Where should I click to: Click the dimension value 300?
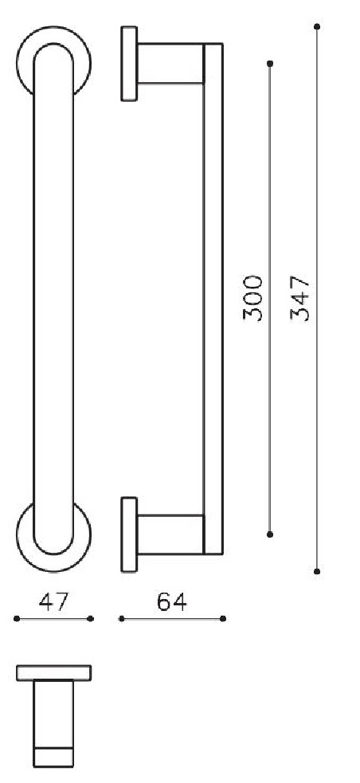click(253, 298)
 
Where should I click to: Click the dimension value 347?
click(300, 298)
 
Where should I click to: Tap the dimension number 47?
click(53, 602)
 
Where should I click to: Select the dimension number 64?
click(171, 602)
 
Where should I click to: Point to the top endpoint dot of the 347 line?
click(317, 27)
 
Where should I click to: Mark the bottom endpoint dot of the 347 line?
click(317, 571)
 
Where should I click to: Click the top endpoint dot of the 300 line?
click(270, 63)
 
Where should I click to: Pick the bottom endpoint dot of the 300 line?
click(270, 534)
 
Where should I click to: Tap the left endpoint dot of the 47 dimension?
click(17, 618)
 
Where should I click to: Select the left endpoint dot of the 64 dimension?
click(120, 618)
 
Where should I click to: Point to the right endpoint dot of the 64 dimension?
click(222, 618)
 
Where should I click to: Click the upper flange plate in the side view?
click(129, 64)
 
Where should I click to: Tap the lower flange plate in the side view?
click(129, 534)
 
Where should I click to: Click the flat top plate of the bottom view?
click(54, 672)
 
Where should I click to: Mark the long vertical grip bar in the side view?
click(213, 299)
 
